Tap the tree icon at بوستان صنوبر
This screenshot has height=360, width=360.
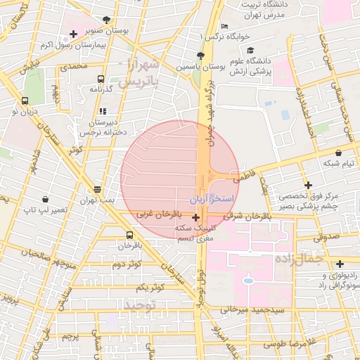105,20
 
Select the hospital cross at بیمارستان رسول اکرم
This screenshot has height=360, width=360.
73,34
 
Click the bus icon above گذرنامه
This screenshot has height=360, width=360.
101,79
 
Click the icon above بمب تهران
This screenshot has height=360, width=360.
97,189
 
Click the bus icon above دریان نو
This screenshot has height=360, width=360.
25,101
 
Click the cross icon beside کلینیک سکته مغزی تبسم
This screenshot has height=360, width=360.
195,227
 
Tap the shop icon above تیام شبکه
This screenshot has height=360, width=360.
339,153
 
